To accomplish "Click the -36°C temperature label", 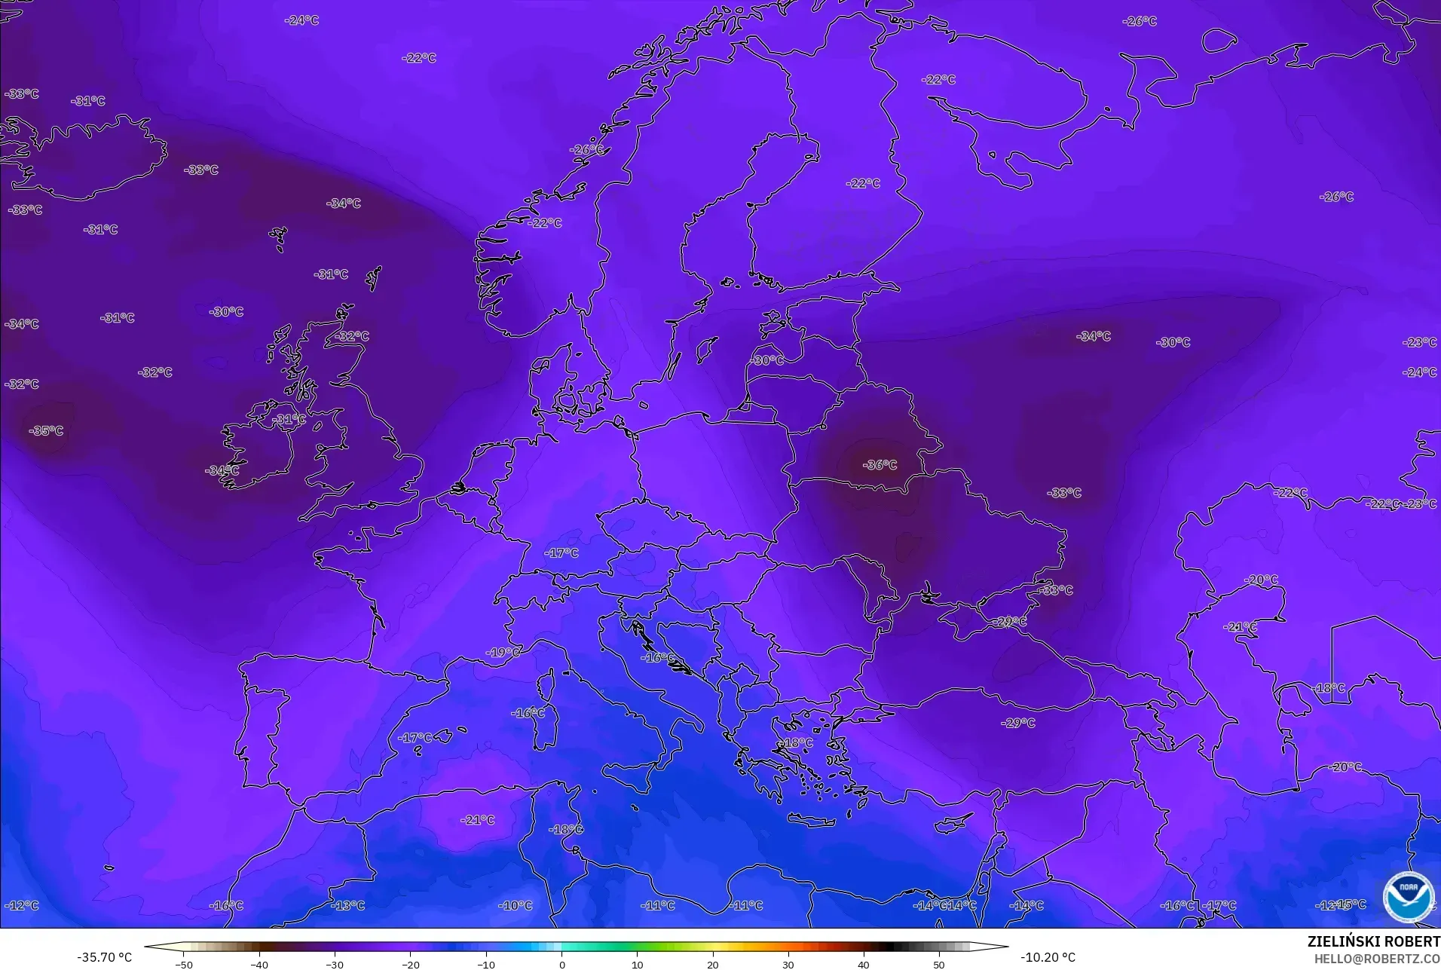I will (880, 465).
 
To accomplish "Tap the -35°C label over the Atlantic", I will (46, 431).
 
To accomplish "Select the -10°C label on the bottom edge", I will (516, 905).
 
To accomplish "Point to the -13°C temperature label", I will (348, 905).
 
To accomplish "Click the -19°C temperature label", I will (503, 652).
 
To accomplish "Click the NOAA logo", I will (1408, 896).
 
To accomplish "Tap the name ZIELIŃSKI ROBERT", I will (1373, 942).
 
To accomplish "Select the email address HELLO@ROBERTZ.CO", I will (1377, 959).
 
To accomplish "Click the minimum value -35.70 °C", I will (104, 957).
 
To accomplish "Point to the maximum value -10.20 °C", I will (1048, 957).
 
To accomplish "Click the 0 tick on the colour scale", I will (561, 964).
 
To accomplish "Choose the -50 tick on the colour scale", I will (184, 964).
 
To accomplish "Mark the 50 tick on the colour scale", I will (939, 964).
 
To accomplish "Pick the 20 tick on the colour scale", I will (712, 964).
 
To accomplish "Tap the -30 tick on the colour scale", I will (335, 964).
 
